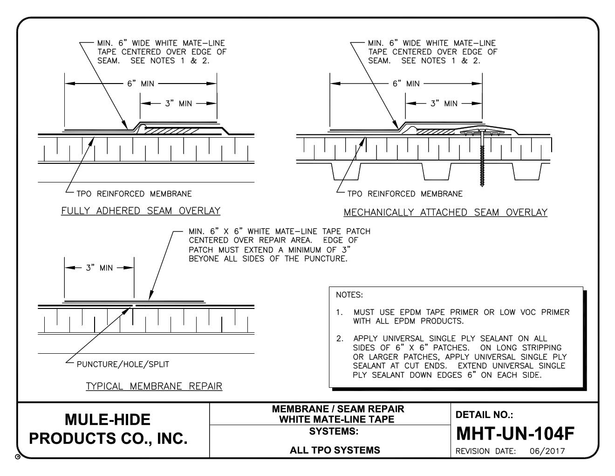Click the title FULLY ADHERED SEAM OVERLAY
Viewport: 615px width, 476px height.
coord(141,211)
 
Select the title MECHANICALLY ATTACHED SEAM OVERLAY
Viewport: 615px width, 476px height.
coord(445,213)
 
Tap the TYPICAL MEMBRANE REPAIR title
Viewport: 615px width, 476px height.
coord(154,386)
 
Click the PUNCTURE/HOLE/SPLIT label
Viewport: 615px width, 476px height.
coord(123,364)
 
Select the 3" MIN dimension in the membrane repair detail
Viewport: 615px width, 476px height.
coord(99,268)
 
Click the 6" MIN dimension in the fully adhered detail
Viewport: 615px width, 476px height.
coord(141,84)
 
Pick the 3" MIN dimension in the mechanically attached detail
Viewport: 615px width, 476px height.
coord(444,104)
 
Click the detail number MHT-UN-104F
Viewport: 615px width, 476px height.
coord(514,434)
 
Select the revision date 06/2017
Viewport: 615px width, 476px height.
coord(547,451)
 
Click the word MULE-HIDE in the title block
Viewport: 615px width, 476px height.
coord(108,420)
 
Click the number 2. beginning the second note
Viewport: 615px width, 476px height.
coord(340,339)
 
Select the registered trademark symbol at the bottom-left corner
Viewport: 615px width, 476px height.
coord(18,458)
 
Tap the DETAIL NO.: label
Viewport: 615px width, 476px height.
coord(484,414)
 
